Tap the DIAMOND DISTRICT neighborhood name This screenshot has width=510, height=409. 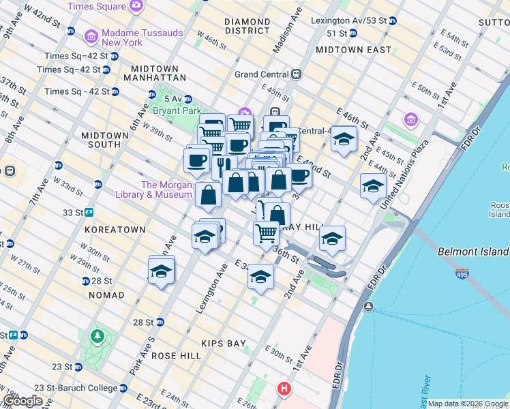click(x=247, y=26)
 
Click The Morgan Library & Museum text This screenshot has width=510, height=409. click(x=167, y=190)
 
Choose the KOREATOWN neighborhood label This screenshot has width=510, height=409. click(x=115, y=230)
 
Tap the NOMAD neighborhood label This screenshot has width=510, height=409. click(x=106, y=295)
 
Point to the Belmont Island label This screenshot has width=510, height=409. click(x=472, y=252)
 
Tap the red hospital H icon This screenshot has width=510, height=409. click(x=284, y=390)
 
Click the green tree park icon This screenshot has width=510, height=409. click(x=97, y=336)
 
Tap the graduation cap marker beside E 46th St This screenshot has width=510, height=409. click(x=344, y=140)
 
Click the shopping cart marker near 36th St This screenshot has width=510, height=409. click(x=266, y=233)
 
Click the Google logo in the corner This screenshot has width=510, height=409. click(x=22, y=401)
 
